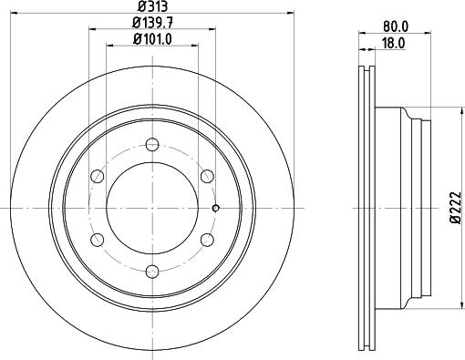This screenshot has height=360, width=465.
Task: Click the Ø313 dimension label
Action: pos(151,7)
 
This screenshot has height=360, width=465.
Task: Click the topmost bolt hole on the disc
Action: pos(152,142)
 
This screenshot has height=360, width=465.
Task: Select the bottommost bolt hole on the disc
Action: pos(152,271)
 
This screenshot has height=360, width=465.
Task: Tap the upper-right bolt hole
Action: pos(208,175)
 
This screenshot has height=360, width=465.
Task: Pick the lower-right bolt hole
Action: pos(208,239)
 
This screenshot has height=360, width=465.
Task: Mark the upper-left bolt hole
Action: pos(97,175)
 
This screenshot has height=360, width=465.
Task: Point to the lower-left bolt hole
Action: pos(97,239)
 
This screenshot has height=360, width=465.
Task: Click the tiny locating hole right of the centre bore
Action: pos(215,208)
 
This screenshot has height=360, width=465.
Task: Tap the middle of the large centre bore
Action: pos(152,207)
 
